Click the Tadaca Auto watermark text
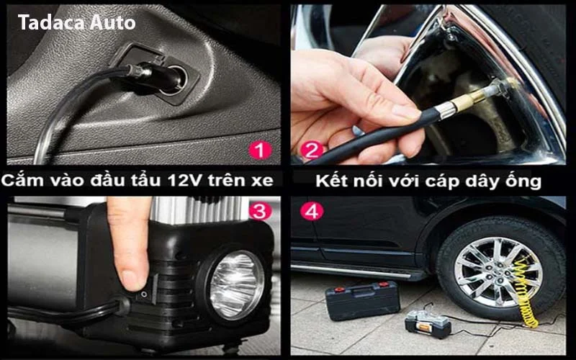(x=77, y=22)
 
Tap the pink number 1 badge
(x=260, y=150)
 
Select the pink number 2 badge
(x=312, y=150)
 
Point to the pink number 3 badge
(x=260, y=212)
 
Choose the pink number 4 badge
(x=312, y=212)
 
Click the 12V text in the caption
(x=185, y=181)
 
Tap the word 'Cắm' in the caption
(x=22, y=180)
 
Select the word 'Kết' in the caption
(x=332, y=181)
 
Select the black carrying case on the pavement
(x=363, y=300)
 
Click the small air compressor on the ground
(x=428, y=323)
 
